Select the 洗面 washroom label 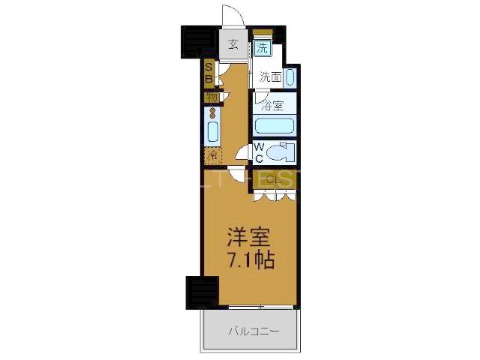[270, 76]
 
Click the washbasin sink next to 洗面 [290, 76]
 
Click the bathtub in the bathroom [274, 124]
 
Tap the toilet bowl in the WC [283, 153]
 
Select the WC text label [259, 152]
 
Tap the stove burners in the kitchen [212, 114]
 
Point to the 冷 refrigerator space [212, 156]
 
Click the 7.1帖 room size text [250, 261]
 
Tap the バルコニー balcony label [250, 331]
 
